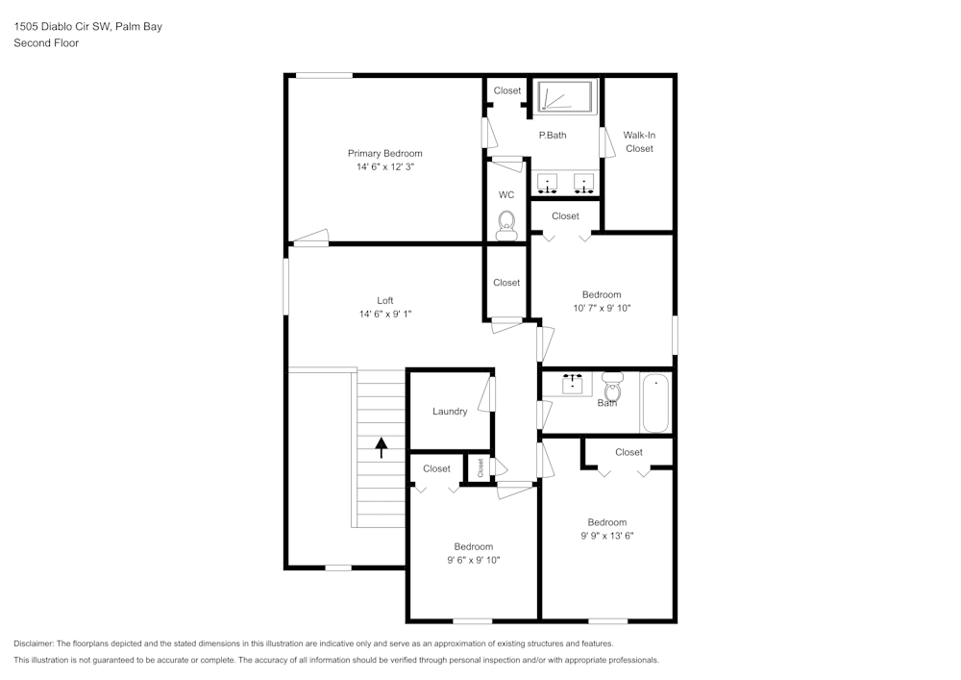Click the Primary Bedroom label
(x=384, y=153)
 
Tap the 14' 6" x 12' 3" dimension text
(x=384, y=166)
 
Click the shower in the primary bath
(x=565, y=97)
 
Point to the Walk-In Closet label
(x=639, y=141)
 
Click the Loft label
(x=384, y=300)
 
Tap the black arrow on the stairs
(x=382, y=446)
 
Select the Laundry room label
(x=450, y=412)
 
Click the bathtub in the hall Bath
(x=655, y=403)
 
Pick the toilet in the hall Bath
(x=612, y=389)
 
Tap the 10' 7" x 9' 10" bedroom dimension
(x=602, y=308)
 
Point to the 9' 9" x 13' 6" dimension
(x=606, y=536)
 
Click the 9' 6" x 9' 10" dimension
(x=473, y=560)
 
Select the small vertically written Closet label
(x=480, y=467)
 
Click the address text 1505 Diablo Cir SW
(x=87, y=27)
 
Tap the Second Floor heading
(x=46, y=43)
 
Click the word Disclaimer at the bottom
(x=35, y=643)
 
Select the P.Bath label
(x=552, y=135)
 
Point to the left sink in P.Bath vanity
(x=548, y=181)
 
